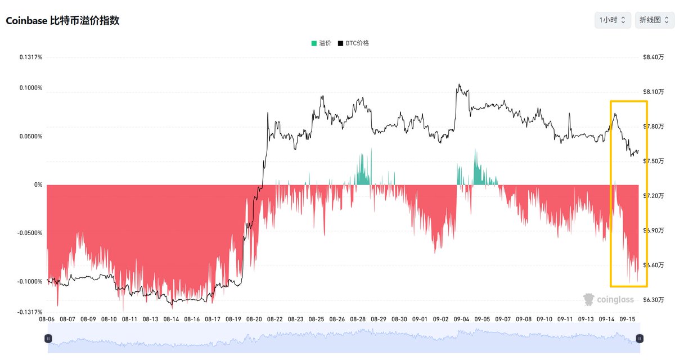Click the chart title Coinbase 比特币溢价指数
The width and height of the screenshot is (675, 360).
pos(62,20)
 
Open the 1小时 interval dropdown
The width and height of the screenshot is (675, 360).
pos(613,20)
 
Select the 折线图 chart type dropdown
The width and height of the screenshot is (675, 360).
pos(654,20)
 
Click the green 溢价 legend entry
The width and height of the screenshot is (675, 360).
pos(321,43)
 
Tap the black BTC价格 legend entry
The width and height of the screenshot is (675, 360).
pos(353,43)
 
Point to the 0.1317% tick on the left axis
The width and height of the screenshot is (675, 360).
pos(31,57)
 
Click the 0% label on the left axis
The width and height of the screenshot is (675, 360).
pos(38,184)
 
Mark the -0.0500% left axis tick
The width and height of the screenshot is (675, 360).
pos(30,233)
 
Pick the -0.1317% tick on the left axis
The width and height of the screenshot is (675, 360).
pos(30,312)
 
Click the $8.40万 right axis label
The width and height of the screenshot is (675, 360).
pos(653,57)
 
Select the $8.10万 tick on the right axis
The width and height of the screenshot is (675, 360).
pos(653,92)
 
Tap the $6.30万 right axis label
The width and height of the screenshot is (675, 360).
pos(653,300)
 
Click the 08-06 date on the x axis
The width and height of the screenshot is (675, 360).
pos(47,319)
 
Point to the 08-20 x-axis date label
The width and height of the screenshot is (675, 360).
pos(254,319)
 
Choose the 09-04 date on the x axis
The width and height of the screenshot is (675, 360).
pos(461,319)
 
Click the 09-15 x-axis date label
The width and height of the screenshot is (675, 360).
pos(627,319)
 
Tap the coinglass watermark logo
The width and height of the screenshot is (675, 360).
pos(609,299)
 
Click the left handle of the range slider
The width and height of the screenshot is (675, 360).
pos(48,339)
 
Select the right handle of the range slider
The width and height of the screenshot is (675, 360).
pos(640,339)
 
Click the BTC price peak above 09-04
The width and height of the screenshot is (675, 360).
pos(459,84)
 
